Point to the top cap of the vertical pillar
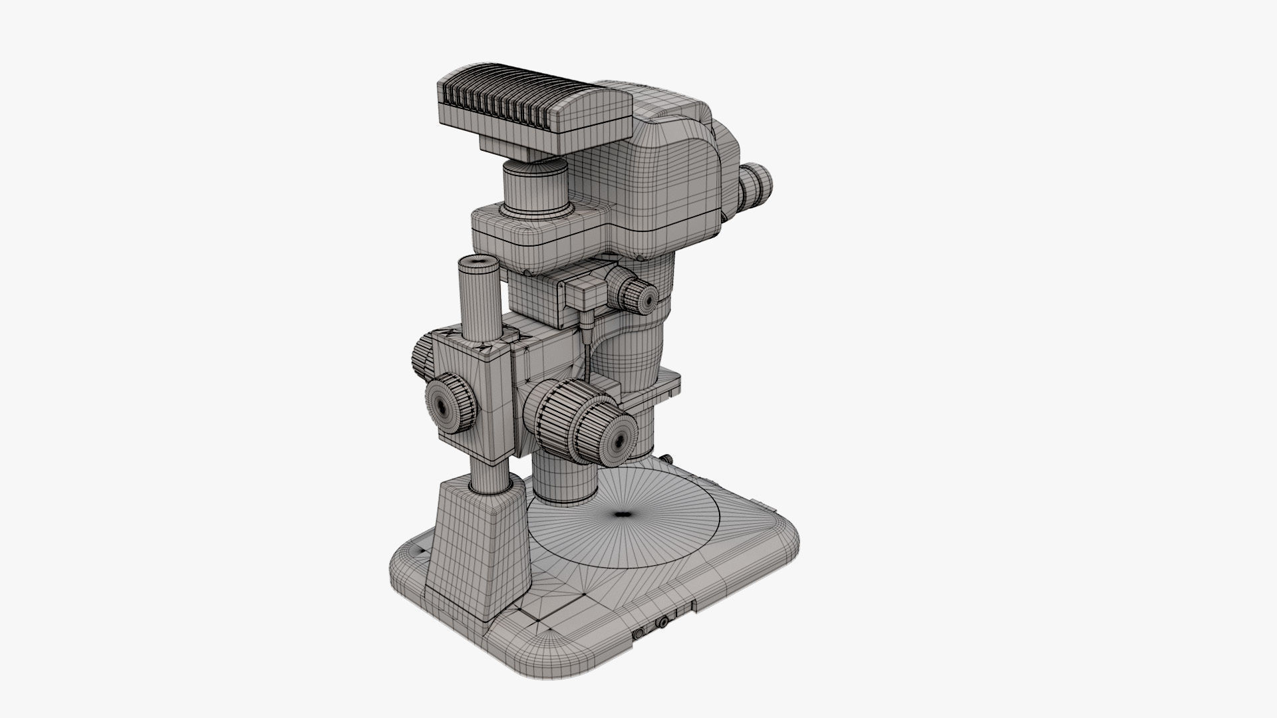pos(478,264)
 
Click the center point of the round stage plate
pos(623,514)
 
